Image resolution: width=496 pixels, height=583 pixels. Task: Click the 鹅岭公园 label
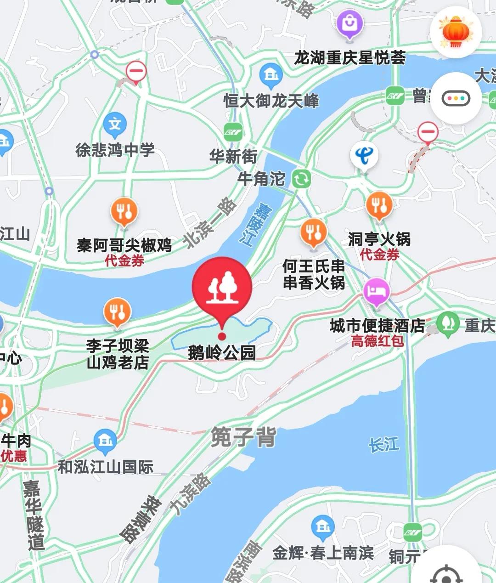tap(222, 353)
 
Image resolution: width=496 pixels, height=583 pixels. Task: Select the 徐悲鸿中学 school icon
tap(115, 124)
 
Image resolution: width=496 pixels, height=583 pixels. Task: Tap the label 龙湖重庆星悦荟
tap(350, 58)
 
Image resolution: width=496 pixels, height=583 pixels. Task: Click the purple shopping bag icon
tap(349, 23)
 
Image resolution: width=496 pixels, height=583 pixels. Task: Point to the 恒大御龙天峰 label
tap(271, 101)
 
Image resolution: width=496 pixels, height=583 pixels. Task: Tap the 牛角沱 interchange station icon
tap(301, 179)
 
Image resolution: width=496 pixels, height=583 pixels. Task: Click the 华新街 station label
tap(233, 156)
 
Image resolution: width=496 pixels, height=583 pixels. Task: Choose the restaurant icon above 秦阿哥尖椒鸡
tap(124, 211)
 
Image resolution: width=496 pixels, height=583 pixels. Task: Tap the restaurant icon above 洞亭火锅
tap(379, 205)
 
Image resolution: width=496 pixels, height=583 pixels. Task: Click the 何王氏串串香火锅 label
tap(314, 274)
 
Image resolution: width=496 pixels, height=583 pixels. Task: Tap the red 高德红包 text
tap(378, 341)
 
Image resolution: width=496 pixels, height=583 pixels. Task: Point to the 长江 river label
tap(384, 444)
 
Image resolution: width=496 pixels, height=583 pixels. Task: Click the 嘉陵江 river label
tap(255, 225)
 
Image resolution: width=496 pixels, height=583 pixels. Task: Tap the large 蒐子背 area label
tap(243, 437)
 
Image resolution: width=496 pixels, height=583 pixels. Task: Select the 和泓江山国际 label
tap(106, 467)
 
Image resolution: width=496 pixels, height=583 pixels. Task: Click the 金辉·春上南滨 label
tap(323, 553)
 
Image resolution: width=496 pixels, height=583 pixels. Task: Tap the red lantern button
tap(456, 32)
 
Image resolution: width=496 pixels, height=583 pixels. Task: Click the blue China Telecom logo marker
tap(364, 155)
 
